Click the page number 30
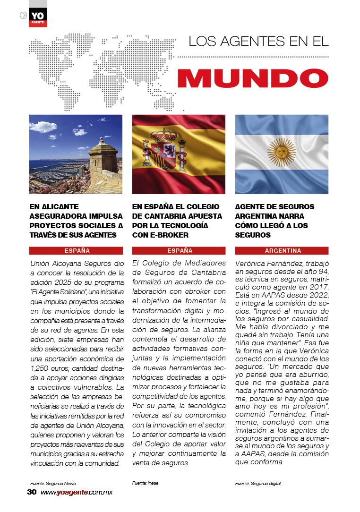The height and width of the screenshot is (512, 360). tap(32, 492)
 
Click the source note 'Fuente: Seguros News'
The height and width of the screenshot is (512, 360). tap(52, 484)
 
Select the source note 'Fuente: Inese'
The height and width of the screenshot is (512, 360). tap(145, 483)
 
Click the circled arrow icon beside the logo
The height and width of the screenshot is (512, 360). tap(23, 15)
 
